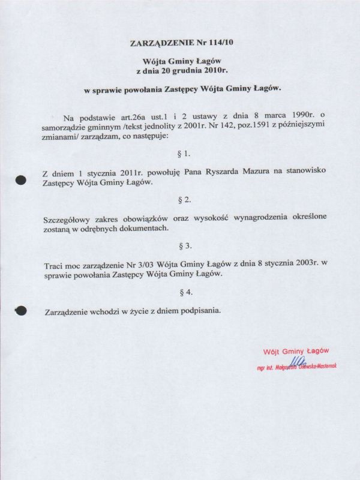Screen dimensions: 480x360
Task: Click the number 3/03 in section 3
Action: coord(134,265)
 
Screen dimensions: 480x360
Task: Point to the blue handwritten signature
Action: coord(298,361)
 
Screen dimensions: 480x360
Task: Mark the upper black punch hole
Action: coord(20,179)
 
